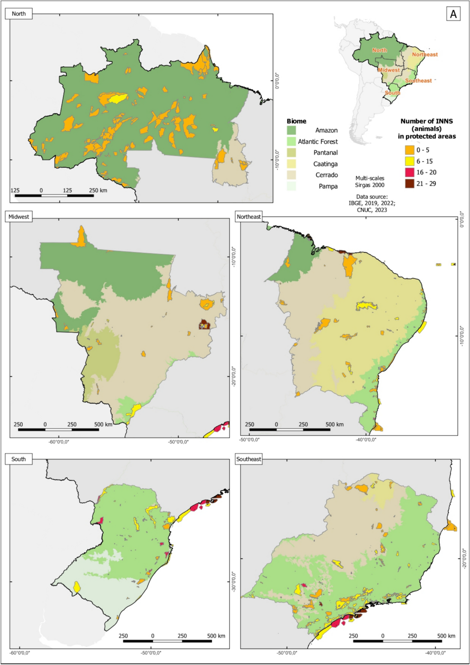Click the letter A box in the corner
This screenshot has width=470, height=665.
tap(453, 14)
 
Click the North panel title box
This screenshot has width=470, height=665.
tap(18, 14)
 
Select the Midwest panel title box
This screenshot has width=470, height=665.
tap(19, 216)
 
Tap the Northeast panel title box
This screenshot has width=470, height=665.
tap(248, 216)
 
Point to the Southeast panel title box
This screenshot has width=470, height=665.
tap(248, 459)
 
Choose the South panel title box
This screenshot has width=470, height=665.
tap(18, 459)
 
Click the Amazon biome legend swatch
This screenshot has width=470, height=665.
tap(291, 130)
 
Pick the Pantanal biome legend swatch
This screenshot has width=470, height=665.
tap(291, 153)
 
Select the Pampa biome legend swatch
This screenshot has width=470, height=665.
tap(291, 186)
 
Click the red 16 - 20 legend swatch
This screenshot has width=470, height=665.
tap(409, 172)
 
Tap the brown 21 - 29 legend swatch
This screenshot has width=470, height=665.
tap(409, 184)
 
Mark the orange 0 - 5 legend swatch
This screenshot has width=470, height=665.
tap(409, 150)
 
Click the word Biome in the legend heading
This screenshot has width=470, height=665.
tap(296, 121)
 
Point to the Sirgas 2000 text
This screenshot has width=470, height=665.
tap(370, 185)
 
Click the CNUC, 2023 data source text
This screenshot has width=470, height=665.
tap(372, 210)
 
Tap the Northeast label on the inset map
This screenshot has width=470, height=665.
tap(425, 55)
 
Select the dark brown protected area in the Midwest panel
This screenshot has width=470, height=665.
tap(204, 325)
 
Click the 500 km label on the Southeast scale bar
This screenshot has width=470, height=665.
tap(446, 636)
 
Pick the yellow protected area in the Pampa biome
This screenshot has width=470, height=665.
tap(77, 587)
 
